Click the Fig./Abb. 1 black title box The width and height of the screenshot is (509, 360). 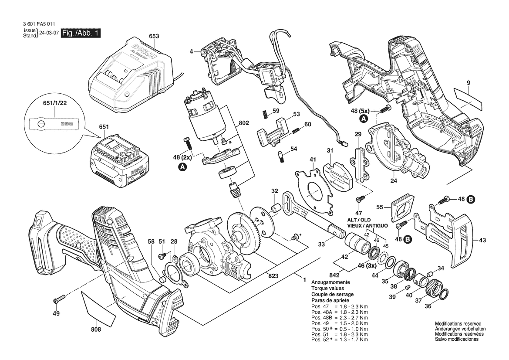point(81,34)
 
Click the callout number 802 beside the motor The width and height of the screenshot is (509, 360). point(244,123)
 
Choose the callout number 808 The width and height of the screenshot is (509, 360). point(96,329)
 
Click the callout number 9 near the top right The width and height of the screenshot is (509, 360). point(468,83)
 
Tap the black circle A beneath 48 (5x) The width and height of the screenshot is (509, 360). point(363,118)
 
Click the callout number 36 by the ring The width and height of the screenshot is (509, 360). point(428,306)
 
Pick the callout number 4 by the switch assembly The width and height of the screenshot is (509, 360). point(191,51)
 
